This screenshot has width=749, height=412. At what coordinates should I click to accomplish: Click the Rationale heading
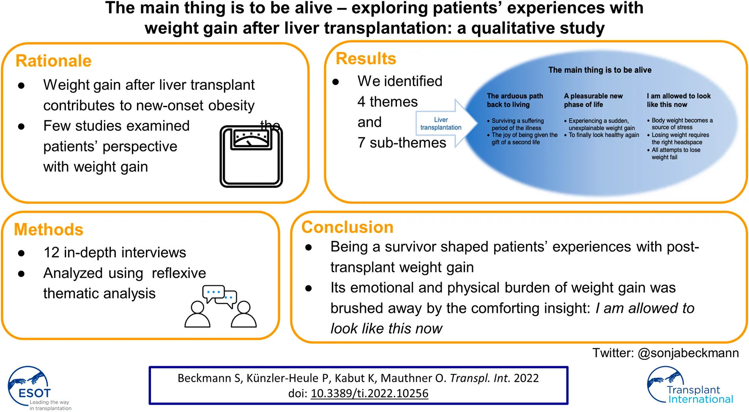pos(53,61)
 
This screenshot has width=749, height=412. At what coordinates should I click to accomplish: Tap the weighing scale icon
pos(251,156)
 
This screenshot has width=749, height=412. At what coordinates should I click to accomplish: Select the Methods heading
pos(49,230)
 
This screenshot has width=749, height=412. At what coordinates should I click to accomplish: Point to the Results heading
pos(366,58)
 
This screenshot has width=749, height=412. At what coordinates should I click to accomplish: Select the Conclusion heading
pos(347,227)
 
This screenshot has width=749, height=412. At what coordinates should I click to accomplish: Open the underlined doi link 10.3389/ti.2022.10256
pos(369,393)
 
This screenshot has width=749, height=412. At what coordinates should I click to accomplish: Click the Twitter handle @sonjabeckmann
pos(688,353)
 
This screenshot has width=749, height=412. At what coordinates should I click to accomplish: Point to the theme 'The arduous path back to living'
pos(515,100)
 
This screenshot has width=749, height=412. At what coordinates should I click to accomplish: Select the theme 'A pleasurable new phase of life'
pos(593,100)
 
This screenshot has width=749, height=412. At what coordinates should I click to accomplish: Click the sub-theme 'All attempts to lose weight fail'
pos(675,154)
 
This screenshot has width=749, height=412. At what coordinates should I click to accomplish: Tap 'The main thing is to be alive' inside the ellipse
pos(599,70)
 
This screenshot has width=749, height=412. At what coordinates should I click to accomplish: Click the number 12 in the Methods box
pos(52,252)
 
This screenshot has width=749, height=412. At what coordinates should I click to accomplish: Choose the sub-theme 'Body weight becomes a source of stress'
pos(681,124)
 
